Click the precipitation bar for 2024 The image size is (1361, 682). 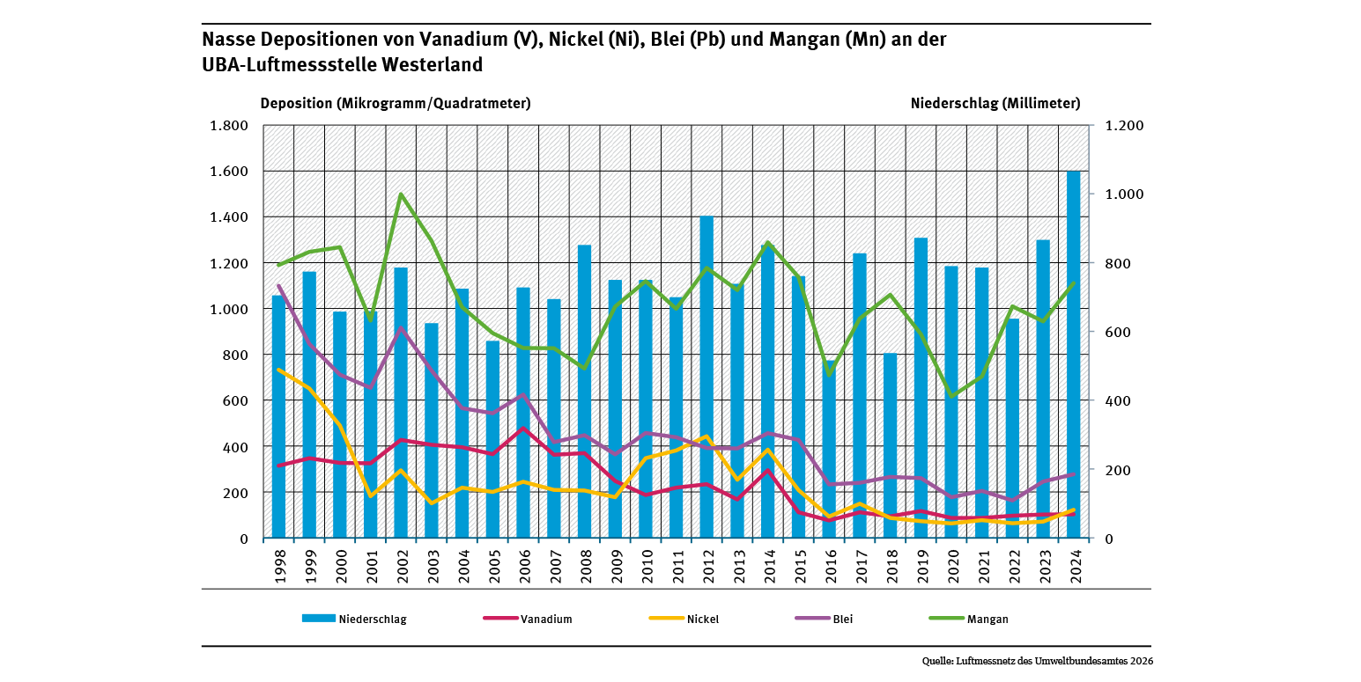(1073, 352)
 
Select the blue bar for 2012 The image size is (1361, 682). (706, 378)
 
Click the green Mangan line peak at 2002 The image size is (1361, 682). (401, 194)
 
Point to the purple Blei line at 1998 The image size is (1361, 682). (279, 285)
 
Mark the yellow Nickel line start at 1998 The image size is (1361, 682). (279, 370)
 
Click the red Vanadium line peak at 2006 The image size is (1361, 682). (523, 429)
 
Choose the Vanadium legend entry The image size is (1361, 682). (529, 619)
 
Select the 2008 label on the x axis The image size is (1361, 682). (585, 564)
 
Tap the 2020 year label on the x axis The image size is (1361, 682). (951, 564)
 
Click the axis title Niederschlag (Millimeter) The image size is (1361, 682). (995, 103)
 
